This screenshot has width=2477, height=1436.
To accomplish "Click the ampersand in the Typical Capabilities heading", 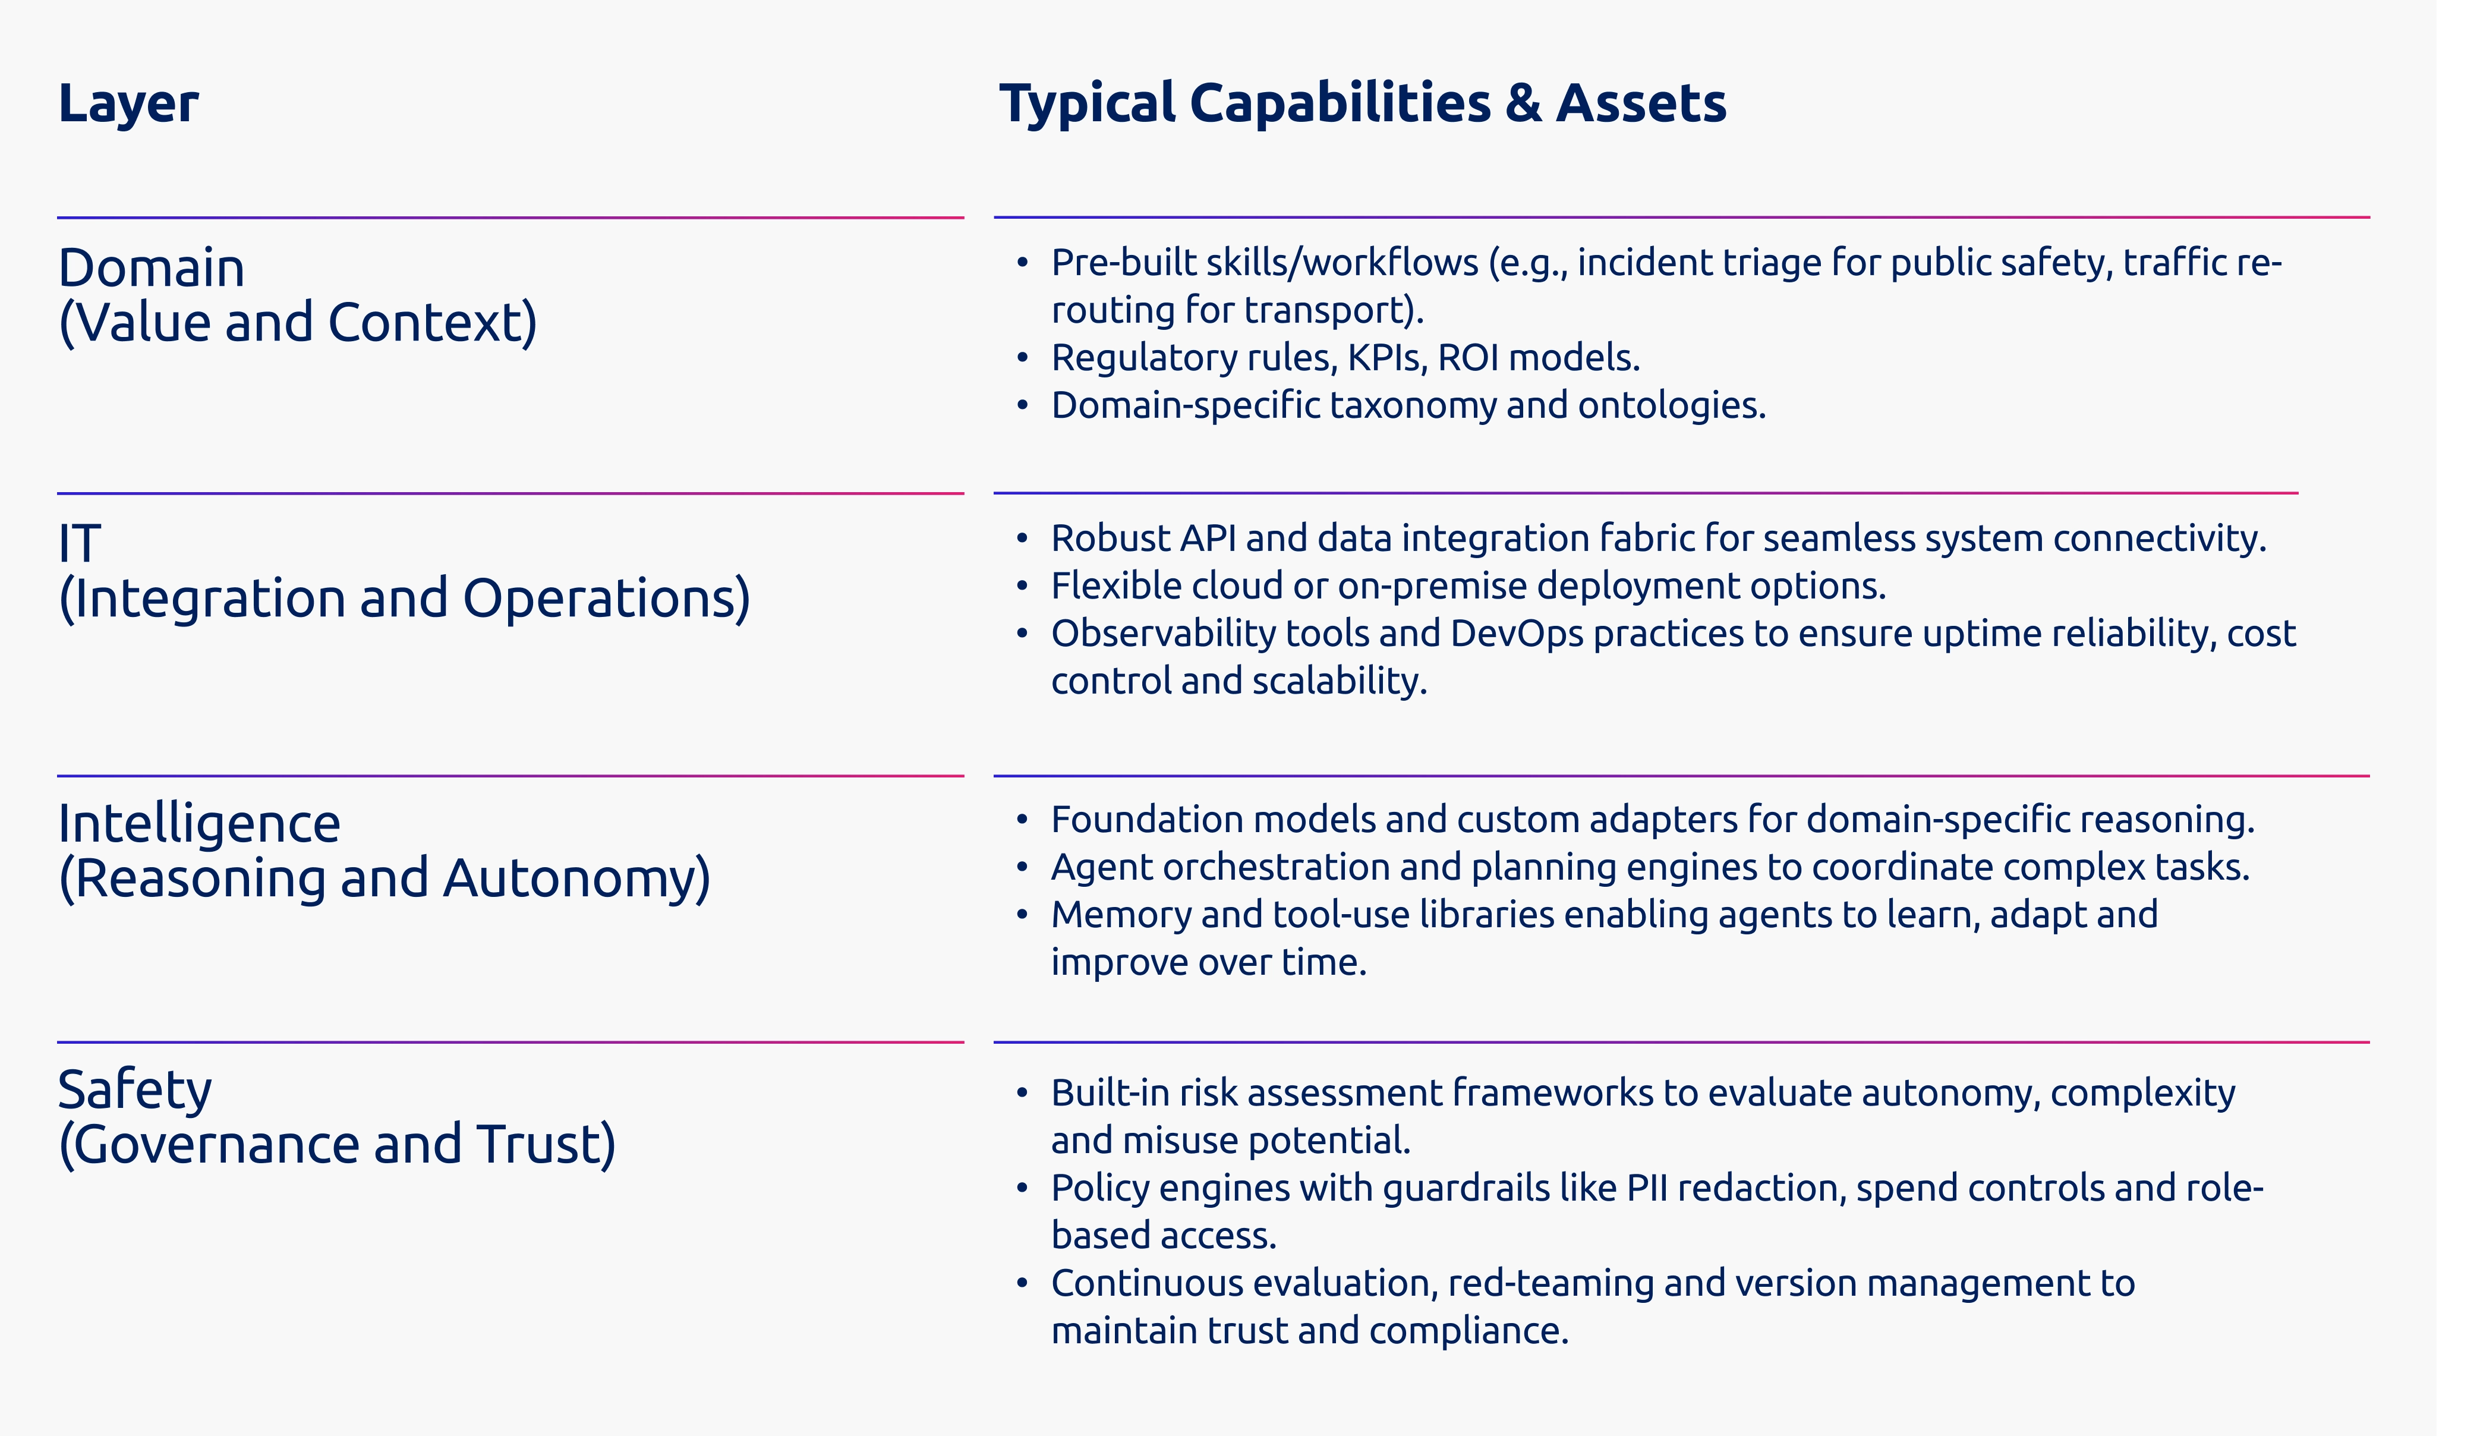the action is pyautogui.click(x=1523, y=103).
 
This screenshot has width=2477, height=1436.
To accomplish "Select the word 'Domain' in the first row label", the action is pyautogui.click(x=152, y=268).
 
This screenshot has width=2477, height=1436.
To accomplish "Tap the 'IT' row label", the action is pyautogui.click(x=80, y=543).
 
